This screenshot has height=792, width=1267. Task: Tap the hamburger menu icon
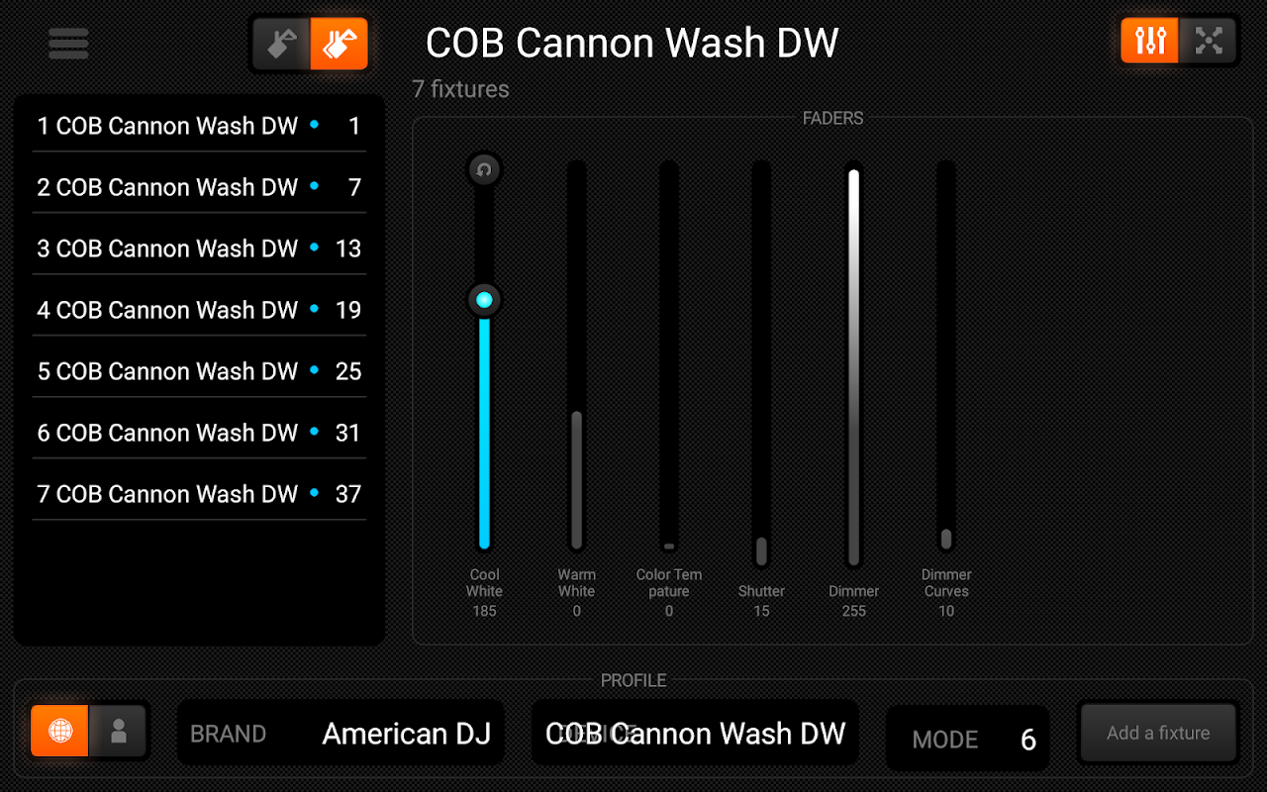tap(68, 44)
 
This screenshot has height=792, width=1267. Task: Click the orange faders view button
tap(1150, 41)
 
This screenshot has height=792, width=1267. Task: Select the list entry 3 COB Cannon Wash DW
tap(167, 248)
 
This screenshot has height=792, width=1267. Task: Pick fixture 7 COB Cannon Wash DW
tap(167, 494)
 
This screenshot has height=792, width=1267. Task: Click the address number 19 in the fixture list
tap(347, 310)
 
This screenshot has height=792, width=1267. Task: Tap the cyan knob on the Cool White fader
tap(484, 300)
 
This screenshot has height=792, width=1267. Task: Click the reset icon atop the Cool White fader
tap(484, 169)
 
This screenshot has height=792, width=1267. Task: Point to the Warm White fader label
tap(576, 582)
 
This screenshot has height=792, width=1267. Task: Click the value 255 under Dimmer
tap(853, 611)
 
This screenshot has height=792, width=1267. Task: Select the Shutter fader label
tap(761, 591)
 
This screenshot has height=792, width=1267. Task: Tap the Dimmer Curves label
tap(946, 582)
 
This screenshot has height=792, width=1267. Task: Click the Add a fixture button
tap(1158, 733)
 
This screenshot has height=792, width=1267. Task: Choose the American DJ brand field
tap(341, 734)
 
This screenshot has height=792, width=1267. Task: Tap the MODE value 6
tap(1028, 740)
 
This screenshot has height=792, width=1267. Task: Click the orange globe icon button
tap(60, 732)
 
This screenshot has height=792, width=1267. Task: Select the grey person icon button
tap(119, 732)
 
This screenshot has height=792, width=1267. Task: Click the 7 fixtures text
tap(460, 89)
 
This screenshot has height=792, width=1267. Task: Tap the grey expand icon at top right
tap(1209, 41)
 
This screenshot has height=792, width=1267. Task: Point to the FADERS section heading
tap(832, 118)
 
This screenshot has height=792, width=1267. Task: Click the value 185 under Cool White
tap(484, 611)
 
